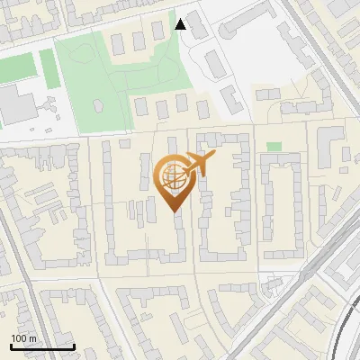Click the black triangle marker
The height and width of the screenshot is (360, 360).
pos(181,23)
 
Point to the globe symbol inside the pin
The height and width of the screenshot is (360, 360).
pos(173,177)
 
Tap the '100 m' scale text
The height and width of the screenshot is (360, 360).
pos(23,338)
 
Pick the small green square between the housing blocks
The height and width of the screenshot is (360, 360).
pos(274,146)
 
